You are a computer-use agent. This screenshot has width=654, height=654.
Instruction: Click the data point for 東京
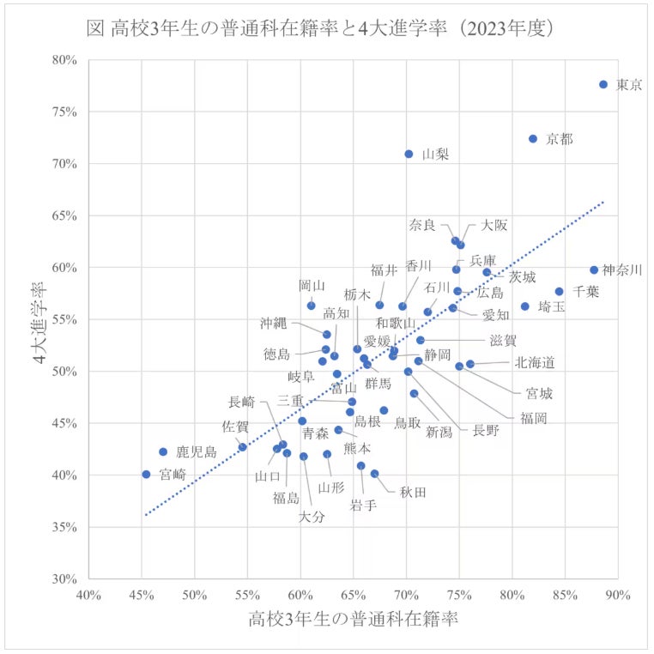pos(603,84)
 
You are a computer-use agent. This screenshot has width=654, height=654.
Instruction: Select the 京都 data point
pos(533,138)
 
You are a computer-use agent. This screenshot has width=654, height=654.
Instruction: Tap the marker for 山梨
pos(409,154)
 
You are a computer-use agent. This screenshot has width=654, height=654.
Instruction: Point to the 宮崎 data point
pos(146,474)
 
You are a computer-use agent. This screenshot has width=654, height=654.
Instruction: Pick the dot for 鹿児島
pos(163,451)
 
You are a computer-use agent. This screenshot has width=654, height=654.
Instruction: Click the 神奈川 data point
pos(594,269)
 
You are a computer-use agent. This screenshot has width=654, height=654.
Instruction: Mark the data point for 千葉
pos(560,291)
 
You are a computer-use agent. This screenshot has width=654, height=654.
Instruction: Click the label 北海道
pos(535,363)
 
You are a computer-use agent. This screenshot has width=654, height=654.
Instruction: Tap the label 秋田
pos(413,492)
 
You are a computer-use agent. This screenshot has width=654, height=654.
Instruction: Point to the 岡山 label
pos(312,286)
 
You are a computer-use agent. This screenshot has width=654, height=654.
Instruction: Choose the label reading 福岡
pos(533,418)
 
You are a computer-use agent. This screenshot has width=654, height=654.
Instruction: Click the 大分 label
pos(312,517)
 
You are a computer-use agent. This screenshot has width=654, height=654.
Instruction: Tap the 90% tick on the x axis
pos(617,595)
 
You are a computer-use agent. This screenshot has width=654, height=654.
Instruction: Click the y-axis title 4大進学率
pos(40,319)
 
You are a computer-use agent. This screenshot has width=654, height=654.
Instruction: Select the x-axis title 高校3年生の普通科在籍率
pos(353,619)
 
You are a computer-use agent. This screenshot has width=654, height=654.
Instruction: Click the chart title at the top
pos(326,27)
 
